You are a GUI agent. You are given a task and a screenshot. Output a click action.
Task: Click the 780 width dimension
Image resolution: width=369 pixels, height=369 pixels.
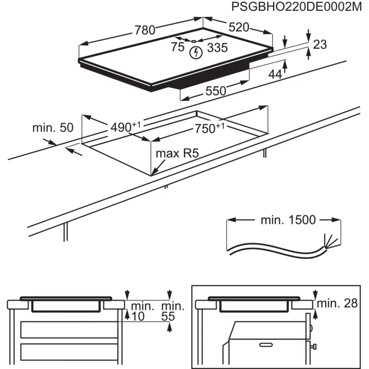pos(144,30)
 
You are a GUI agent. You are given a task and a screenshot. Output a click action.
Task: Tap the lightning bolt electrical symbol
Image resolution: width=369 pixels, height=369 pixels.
pos(196,52)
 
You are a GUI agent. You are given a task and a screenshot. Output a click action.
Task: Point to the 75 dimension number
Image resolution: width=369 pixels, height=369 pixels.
pos(177,47)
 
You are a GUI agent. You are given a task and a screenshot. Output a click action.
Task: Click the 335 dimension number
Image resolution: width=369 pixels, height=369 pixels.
pos(217,47)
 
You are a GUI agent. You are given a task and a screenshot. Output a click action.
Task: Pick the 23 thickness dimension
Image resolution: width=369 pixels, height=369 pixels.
pos(320,44)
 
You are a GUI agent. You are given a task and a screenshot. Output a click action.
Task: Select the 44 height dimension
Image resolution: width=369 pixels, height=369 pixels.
pos(275,74)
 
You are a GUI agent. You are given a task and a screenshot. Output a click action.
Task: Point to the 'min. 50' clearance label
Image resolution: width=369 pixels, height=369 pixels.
pos(53,128)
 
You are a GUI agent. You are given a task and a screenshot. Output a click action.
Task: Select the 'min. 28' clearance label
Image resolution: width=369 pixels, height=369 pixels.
pos(337,303)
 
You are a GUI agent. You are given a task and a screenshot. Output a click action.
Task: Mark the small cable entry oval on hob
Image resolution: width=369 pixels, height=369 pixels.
pos(193,41)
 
